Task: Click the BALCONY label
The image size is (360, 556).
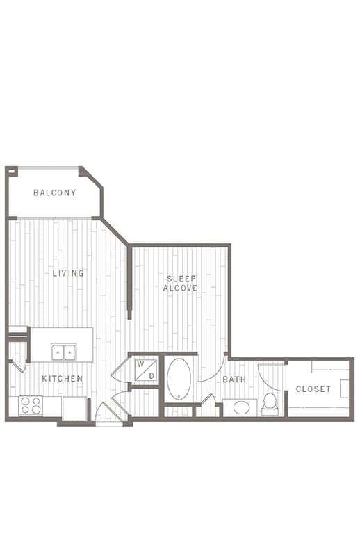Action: (55, 193)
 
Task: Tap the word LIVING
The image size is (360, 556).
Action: (68, 273)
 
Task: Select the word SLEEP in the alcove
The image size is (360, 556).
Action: (181, 279)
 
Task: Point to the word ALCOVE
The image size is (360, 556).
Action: (180, 288)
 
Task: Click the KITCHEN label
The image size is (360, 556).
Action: (63, 379)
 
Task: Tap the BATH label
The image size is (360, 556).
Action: (234, 379)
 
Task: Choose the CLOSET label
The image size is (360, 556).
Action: (313, 389)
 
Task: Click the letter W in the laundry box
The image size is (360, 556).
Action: (141, 364)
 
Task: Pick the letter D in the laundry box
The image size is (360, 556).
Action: (152, 375)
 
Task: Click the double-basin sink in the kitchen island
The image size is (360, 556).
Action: (64, 352)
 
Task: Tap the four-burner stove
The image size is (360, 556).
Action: (31, 406)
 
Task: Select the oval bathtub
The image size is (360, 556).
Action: (179, 379)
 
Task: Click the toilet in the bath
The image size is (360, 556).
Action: (270, 404)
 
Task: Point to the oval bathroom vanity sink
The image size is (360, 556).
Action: (242, 407)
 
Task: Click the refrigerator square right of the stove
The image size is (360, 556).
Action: (74, 409)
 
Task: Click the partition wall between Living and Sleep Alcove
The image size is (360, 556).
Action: (129, 282)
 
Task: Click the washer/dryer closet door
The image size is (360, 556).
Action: (120, 369)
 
